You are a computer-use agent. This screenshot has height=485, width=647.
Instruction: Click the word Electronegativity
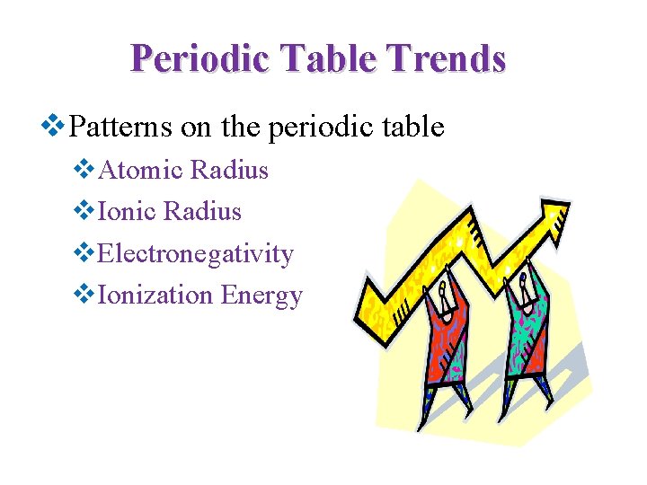[x=195, y=254]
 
